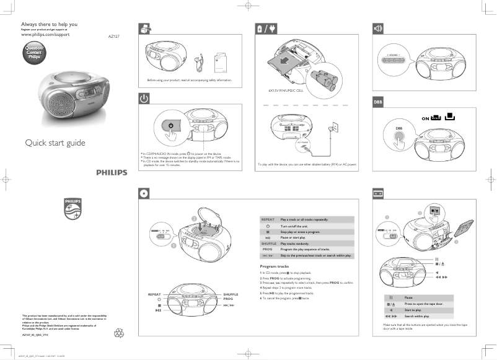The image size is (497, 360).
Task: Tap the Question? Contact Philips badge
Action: tap(35, 52)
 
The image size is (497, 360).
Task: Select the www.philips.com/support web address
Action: tap(45, 35)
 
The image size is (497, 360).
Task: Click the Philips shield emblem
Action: tap(73, 209)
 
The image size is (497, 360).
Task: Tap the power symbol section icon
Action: tap(144, 98)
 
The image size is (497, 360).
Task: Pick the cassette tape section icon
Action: tap(377, 193)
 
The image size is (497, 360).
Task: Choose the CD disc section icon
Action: tap(144, 193)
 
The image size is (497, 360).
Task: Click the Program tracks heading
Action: tap(275, 266)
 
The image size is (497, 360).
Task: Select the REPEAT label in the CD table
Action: tap(268, 219)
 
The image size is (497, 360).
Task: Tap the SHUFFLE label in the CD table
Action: tap(268, 244)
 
